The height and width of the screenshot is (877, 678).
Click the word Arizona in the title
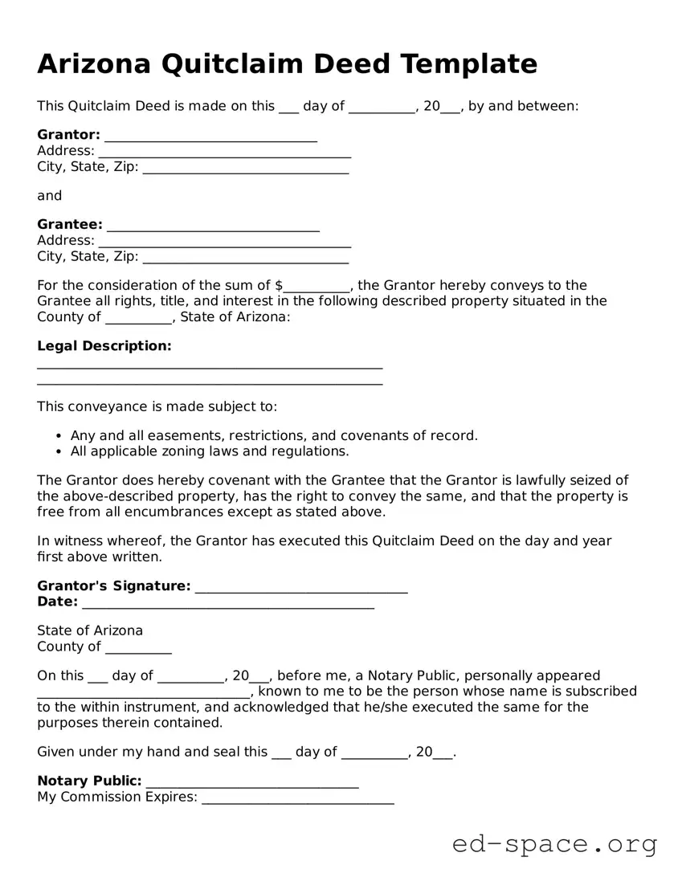click(93, 63)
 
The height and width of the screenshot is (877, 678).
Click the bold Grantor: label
click(68, 134)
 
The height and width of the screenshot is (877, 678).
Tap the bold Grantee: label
click(70, 224)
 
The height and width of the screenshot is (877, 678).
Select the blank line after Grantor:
click(210, 138)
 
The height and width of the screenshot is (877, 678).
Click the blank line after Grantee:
click(213, 228)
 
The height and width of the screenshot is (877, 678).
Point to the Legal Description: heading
click(104, 346)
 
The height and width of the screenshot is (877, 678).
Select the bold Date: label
click(57, 602)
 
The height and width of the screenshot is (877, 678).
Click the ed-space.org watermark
click(554, 844)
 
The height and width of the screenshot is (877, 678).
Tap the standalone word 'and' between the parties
click(49, 195)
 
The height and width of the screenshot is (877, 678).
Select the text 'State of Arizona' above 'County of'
click(90, 630)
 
